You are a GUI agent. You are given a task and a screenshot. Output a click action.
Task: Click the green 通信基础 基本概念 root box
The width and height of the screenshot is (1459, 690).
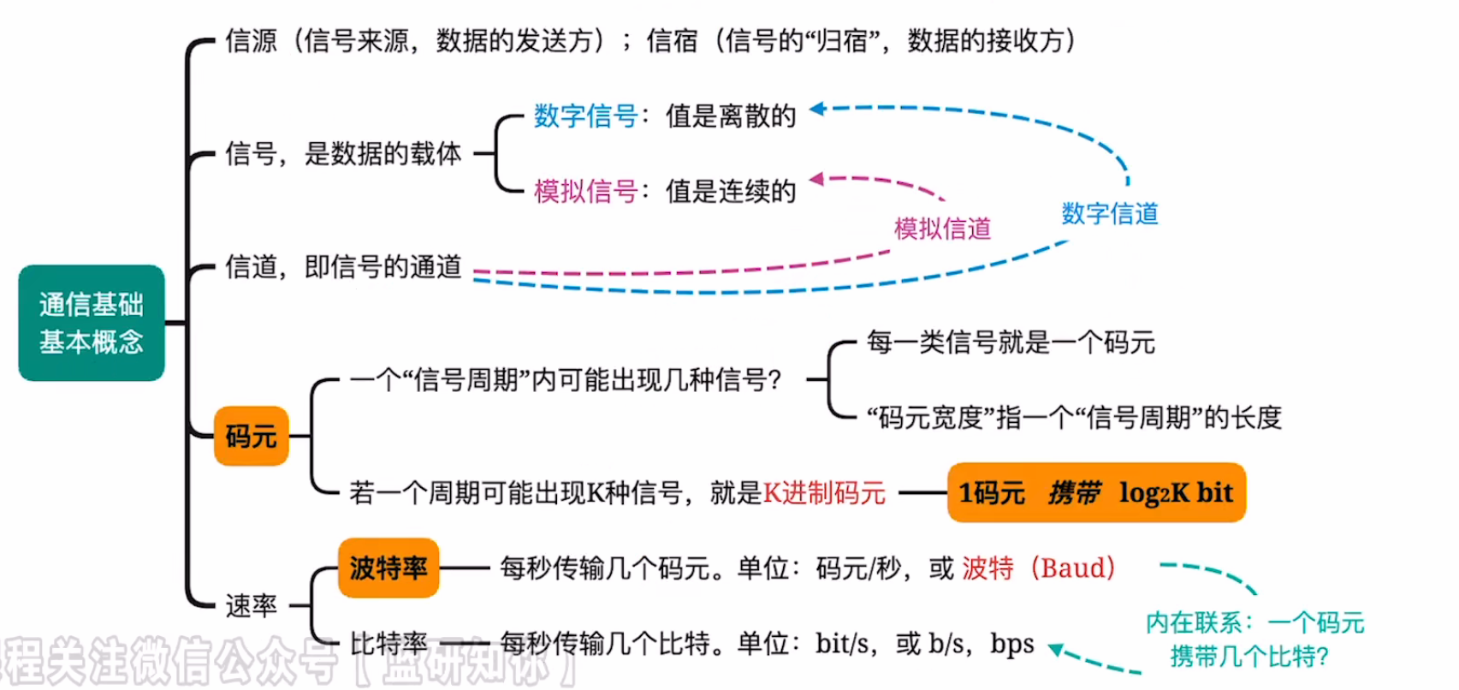92,323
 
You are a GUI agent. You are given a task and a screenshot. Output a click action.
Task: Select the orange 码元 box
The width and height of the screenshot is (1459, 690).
251,437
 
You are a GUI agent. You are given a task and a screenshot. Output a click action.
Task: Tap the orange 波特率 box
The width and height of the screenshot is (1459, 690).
388,568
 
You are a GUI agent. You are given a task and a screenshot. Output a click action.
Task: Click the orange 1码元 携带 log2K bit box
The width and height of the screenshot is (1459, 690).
1096,493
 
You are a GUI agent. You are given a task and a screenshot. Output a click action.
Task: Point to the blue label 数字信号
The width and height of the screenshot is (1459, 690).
585,116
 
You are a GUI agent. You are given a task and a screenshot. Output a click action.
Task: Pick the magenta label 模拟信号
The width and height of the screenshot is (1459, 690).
585,191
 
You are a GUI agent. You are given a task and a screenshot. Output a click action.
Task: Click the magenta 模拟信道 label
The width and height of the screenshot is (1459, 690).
942,229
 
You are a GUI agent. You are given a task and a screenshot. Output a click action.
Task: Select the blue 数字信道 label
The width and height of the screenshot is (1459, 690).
1110,213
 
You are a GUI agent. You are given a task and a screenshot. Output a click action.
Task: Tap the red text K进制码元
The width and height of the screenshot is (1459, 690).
824,493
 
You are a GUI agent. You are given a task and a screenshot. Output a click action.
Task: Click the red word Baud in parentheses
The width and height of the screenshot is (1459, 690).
1074,568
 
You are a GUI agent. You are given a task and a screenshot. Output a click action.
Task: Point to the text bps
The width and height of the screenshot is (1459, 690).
1012,644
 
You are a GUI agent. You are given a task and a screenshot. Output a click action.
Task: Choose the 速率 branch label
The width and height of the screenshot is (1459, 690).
251,606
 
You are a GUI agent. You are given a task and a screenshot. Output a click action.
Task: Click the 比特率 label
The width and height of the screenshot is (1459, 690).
388,644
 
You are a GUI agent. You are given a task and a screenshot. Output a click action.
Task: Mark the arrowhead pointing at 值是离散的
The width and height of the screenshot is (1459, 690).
817,109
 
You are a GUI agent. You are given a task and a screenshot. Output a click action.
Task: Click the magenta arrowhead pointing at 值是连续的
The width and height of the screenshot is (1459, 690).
817,179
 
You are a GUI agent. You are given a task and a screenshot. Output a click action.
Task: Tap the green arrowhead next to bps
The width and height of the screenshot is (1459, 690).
1058,651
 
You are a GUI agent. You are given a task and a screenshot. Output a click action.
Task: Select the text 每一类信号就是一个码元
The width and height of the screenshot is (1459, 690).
1011,342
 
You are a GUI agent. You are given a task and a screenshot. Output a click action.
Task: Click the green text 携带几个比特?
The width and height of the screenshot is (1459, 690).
1249,657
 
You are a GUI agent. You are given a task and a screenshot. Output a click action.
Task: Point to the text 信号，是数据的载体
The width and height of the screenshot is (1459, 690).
343,154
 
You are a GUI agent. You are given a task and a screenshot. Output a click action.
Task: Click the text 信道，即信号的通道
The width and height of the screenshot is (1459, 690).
343,267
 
